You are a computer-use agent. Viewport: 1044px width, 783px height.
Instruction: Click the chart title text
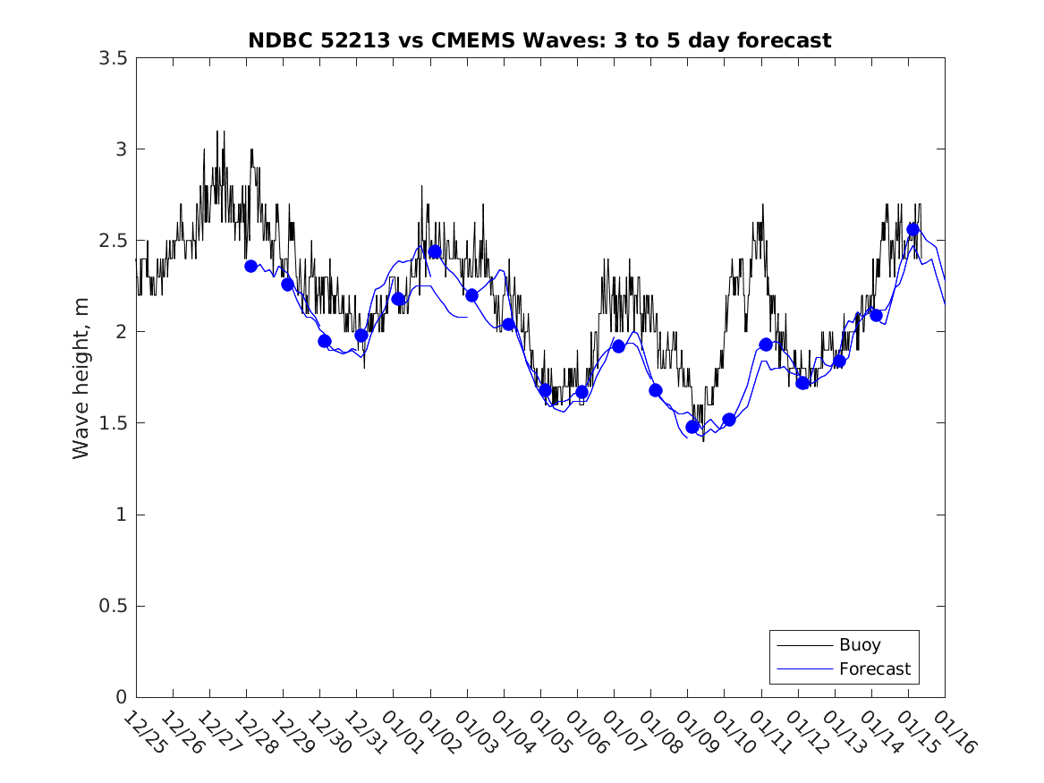click(x=539, y=40)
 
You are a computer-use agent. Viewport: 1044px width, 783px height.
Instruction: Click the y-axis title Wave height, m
click(x=81, y=378)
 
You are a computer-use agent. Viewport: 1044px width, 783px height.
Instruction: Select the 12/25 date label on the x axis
click(x=144, y=732)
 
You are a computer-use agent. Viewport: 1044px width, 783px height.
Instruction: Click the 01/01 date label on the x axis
click(x=402, y=732)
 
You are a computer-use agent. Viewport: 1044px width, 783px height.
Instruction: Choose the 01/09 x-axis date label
click(x=695, y=732)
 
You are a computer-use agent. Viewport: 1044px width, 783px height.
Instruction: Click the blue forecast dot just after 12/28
click(x=251, y=266)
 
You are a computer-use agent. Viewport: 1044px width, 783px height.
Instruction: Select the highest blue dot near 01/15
click(x=913, y=229)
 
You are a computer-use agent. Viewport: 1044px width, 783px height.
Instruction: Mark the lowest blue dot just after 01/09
click(x=692, y=427)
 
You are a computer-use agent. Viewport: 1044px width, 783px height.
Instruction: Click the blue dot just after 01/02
click(x=435, y=251)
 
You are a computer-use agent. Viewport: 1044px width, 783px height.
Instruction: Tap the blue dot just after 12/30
click(x=325, y=341)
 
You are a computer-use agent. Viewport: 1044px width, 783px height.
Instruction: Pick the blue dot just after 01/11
click(x=766, y=345)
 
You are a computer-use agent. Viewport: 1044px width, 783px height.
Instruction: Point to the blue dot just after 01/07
click(x=618, y=346)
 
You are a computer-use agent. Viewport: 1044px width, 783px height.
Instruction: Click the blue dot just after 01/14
click(x=876, y=315)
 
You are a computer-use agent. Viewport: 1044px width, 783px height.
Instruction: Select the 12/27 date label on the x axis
click(x=217, y=732)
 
